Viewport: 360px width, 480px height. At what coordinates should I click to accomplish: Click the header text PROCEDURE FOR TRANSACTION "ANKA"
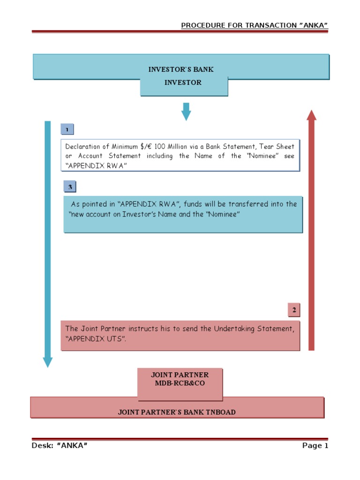click(254, 25)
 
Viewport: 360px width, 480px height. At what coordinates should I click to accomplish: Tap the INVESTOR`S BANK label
click(181, 69)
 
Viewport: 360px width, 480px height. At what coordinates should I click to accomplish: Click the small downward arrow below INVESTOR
click(186, 111)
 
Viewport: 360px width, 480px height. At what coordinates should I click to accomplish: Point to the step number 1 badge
click(67, 129)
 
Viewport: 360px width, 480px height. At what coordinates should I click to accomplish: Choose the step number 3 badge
click(70, 187)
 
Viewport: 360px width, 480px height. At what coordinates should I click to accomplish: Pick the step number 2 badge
click(294, 310)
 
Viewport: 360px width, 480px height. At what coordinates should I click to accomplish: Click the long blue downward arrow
click(47, 244)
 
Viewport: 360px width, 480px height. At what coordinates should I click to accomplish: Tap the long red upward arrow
click(311, 230)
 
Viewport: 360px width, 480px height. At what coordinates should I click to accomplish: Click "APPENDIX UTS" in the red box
click(97, 338)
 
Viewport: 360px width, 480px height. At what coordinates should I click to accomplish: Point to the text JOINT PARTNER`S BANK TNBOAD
click(176, 412)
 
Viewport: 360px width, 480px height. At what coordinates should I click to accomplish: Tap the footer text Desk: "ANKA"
click(60, 446)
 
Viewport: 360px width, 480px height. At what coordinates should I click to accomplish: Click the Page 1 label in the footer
click(315, 446)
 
